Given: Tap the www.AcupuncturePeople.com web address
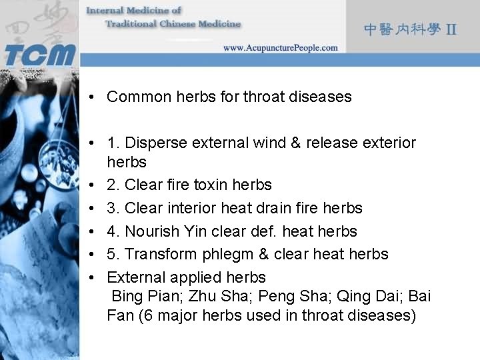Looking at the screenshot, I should click(x=280, y=47).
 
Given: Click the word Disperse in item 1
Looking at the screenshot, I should click(x=153, y=143).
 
